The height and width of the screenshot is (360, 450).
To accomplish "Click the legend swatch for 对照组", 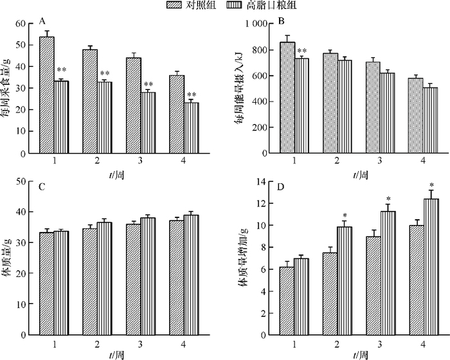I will pos(174,5).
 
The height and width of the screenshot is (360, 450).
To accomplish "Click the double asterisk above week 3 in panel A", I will pos(148,85).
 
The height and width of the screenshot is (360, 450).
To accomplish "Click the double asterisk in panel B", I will pos(302,51).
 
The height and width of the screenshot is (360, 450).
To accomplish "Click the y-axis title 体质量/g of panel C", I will pos(10,257).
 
